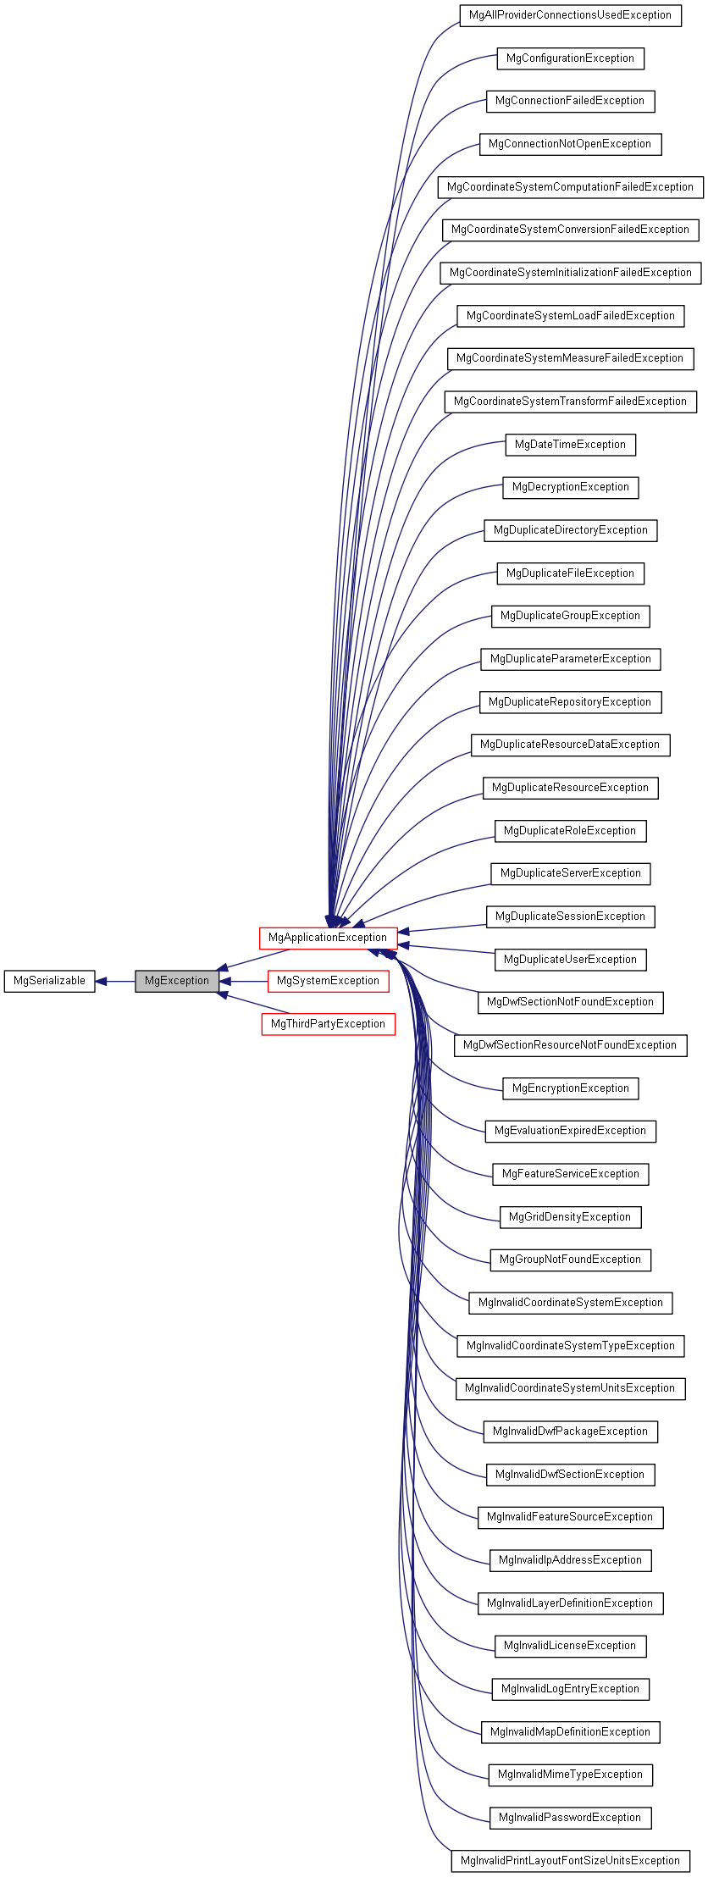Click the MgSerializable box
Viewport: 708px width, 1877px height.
[49, 981]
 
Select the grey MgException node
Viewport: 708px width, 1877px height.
[176, 981]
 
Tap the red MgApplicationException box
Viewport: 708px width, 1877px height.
[327, 938]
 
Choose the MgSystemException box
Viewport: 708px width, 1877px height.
[328, 981]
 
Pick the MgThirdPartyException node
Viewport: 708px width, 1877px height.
[328, 1024]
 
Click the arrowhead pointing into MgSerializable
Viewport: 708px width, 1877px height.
[101, 982]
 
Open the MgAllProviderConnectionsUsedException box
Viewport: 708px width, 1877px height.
[570, 15]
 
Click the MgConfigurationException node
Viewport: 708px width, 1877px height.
[570, 58]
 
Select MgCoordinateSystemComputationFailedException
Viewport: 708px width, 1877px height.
[570, 187]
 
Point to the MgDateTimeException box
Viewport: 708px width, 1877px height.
[570, 445]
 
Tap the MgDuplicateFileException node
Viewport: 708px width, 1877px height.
[570, 573]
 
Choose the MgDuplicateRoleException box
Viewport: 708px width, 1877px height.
[570, 831]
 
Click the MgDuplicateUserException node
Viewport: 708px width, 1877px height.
[570, 960]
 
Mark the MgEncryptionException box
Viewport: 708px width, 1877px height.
[570, 1088]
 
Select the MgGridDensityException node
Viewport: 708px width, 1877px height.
[570, 1217]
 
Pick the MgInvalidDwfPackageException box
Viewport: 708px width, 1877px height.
[570, 1431]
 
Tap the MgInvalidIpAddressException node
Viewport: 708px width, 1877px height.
[570, 1560]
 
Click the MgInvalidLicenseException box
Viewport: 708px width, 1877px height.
[570, 1646]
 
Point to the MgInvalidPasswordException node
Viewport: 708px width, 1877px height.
[570, 1818]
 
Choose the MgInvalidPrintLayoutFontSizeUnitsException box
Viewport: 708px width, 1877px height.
[570, 1861]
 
